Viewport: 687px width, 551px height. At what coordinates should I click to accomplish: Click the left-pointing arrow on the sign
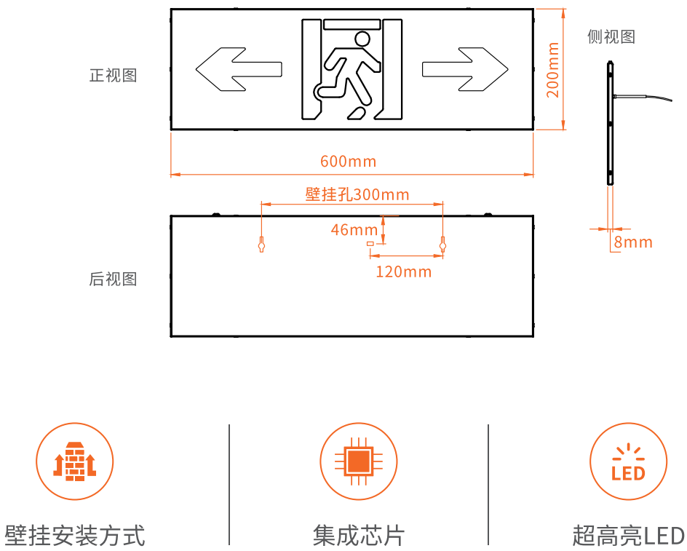[x=239, y=69]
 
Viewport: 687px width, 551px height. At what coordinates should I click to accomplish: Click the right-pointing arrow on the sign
[x=465, y=69]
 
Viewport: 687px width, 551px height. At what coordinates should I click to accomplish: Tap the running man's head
[x=362, y=39]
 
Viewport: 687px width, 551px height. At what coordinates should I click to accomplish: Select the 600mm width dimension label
[x=349, y=162]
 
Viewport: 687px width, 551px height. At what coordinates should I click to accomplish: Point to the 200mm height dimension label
[x=553, y=70]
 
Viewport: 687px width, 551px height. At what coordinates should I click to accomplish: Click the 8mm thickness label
[x=633, y=242]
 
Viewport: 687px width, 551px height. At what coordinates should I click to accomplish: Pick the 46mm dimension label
[x=354, y=230]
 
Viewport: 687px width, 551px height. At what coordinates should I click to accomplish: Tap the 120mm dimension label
[x=403, y=271]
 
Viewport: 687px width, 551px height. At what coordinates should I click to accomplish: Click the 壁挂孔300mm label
[x=357, y=194]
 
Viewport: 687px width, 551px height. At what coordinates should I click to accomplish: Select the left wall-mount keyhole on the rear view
[x=261, y=244]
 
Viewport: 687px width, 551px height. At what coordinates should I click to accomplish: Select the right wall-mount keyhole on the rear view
[x=442, y=244]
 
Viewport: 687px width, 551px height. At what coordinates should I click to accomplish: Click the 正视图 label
[x=113, y=76]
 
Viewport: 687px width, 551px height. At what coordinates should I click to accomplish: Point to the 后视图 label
[x=113, y=280]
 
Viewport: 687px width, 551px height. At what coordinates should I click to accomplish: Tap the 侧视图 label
[x=611, y=37]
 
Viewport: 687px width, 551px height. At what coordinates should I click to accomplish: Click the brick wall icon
[x=74, y=461]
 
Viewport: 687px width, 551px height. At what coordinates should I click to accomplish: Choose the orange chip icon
[x=358, y=461]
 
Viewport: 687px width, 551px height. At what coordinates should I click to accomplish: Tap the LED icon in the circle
[x=628, y=462]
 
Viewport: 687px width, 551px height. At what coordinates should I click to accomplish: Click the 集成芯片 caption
[x=358, y=536]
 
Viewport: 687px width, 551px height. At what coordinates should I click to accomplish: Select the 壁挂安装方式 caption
[x=74, y=536]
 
